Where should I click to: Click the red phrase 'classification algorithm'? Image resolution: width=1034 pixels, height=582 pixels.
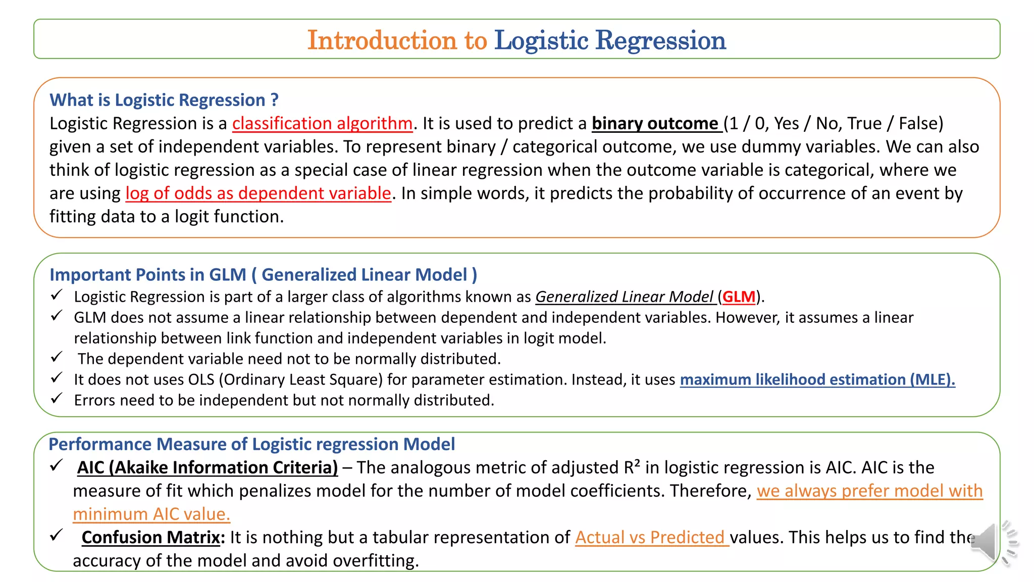(x=322, y=124)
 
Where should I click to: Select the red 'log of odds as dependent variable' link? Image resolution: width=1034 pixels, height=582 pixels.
(x=258, y=193)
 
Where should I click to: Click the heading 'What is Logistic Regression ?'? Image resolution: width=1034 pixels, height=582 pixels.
(x=164, y=100)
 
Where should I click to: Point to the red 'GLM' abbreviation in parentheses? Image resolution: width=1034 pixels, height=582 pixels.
(x=739, y=297)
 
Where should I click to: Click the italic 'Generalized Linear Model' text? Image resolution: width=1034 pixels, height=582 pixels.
(x=624, y=297)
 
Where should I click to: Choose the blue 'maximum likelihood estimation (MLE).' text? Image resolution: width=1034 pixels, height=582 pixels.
(x=817, y=379)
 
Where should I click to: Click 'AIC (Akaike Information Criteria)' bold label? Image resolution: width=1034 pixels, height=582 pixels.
(x=208, y=468)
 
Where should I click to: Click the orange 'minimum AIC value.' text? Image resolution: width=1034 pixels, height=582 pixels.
(x=151, y=514)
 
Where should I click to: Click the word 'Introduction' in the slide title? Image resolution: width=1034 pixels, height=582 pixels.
(x=382, y=40)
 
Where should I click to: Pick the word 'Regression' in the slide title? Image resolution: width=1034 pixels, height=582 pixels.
(x=660, y=40)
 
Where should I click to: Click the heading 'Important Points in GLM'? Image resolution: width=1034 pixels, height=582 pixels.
(x=148, y=275)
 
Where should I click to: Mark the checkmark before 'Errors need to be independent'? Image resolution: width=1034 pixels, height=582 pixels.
(x=57, y=399)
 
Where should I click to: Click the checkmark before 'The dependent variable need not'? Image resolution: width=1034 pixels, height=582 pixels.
(x=57, y=357)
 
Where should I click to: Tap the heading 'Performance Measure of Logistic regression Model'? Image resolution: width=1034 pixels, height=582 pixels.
(x=251, y=445)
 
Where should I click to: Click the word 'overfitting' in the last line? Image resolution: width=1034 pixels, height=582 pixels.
(x=374, y=561)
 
